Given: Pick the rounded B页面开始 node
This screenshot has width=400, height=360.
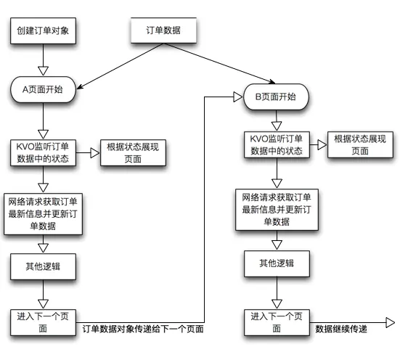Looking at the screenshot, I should point(275,97).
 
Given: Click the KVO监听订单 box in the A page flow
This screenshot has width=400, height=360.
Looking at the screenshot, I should point(45,152).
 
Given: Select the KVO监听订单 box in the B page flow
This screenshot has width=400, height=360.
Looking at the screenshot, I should point(275,144).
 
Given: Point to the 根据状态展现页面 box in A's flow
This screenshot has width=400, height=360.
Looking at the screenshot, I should point(133,152).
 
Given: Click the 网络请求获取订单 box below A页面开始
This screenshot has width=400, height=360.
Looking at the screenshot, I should point(44,213).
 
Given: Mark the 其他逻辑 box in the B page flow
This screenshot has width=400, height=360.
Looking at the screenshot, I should point(277,263).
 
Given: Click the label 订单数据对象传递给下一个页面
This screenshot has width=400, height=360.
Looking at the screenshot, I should point(143,329).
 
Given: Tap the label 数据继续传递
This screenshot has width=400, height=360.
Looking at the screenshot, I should point(341,329).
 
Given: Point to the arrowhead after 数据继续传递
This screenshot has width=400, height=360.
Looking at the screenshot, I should point(390,322).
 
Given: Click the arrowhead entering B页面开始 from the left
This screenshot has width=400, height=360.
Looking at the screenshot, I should point(237,97).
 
